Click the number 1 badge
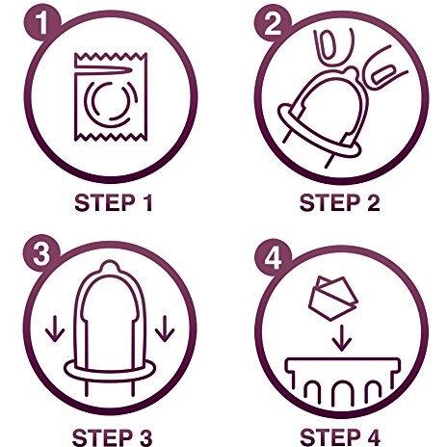(x=42, y=22)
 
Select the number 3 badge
(x=41, y=253)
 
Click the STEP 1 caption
(x=114, y=203)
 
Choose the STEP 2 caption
(x=340, y=203)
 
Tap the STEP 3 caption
(x=112, y=437)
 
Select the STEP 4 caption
(x=340, y=437)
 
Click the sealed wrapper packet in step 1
(x=111, y=97)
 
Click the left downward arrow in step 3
(x=55, y=329)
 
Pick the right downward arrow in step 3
(x=165, y=329)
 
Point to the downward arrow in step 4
(x=342, y=338)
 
